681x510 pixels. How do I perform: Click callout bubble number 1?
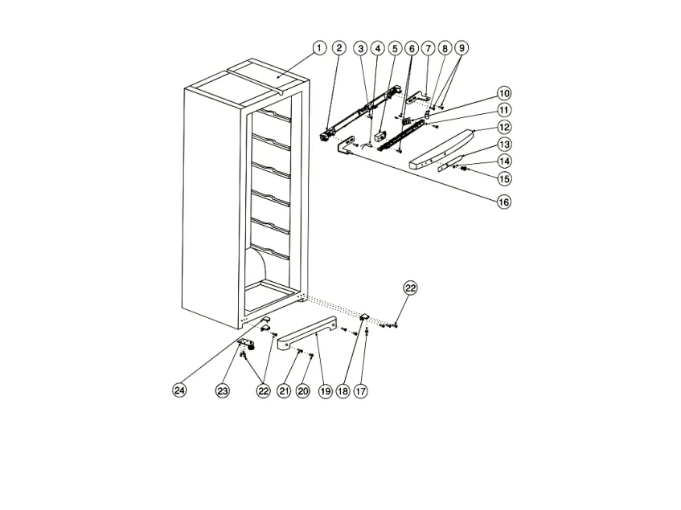[319, 48]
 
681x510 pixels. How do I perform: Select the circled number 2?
[339, 48]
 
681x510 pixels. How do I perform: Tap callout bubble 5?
[395, 48]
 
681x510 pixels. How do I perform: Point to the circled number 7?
[428, 48]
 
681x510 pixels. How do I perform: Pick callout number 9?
[462, 48]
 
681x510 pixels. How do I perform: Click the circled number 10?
[504, 93]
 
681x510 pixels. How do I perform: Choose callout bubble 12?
[504, 127]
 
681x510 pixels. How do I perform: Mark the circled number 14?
[504, 161]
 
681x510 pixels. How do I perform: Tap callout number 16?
[504, 202]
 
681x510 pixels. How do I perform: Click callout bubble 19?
[325, 390]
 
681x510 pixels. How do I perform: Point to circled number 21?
[284, 390]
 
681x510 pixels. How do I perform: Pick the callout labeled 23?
[223, 390]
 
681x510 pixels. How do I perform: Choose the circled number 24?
[179, 390]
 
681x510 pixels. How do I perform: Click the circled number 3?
[362, 48]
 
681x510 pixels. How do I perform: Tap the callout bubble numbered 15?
[504, 177]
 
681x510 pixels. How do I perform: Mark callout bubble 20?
[303, 390]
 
